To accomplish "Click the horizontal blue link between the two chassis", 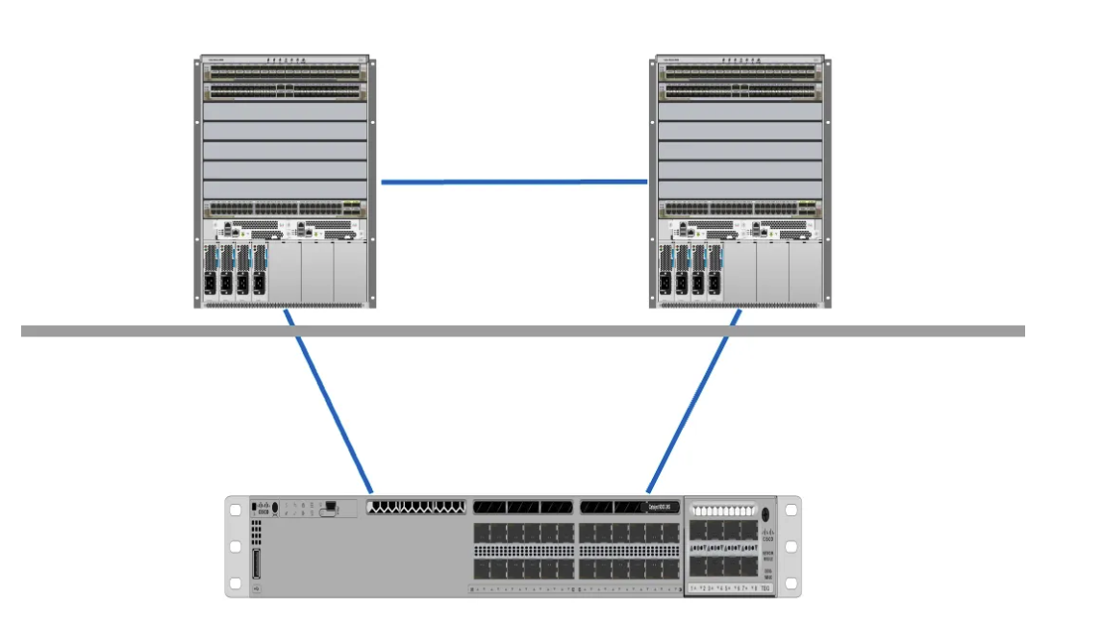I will pos(514,181).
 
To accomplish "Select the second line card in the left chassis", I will pos(285,91).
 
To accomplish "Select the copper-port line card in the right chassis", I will pos(740,208).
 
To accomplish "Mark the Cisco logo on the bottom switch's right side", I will pos(767,534).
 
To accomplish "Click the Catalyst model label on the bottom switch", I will pos(662,507).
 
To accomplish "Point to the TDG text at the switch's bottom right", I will pos(765,587).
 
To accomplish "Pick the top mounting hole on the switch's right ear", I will pos(791,510).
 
